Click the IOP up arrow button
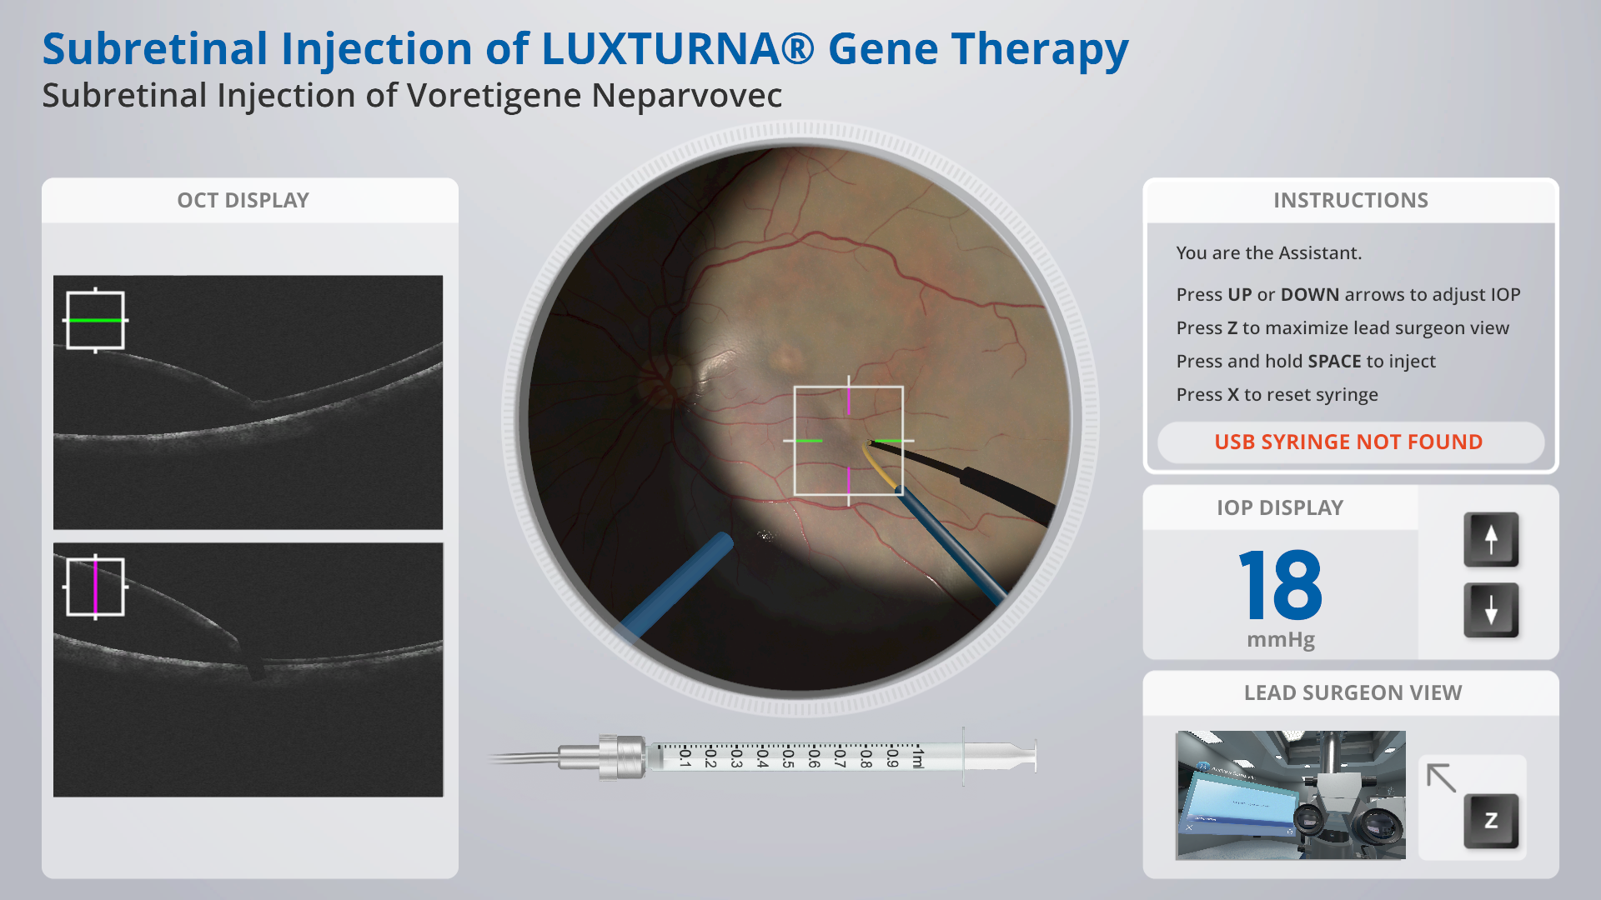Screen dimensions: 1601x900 (1491, 539)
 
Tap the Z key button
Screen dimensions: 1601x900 (1491, 821)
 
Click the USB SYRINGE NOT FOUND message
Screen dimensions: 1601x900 (1348, 442)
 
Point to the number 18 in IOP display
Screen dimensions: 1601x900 (1281, 585)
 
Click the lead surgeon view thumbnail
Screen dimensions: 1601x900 (1291, 795)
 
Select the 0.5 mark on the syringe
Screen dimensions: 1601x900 (787, 757)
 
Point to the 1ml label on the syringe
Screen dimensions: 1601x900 (918, 757)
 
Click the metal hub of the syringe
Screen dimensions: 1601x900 (621, 757)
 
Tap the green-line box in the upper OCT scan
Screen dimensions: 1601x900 (95, 320)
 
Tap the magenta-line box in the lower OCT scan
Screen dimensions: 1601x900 (95, 587)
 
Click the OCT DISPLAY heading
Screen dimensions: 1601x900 (243, 200)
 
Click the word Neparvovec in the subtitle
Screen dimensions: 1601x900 (686, 95)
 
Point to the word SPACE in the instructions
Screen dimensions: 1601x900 (1334, 361)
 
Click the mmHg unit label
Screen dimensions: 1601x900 (1281, 640)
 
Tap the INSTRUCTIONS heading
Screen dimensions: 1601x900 (1351, 200)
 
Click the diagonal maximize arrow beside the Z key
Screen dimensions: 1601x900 (1442, 777)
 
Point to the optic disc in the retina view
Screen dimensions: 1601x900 (659, 379)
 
